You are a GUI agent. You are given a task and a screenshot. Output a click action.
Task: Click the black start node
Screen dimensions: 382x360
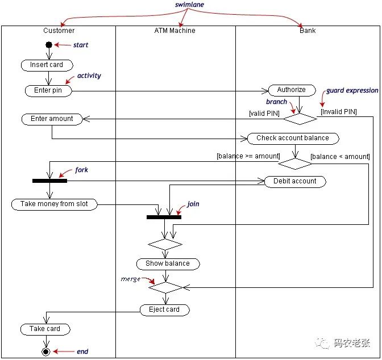pos(49,45)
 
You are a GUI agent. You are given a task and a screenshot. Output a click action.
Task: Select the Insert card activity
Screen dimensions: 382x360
pos(47,65)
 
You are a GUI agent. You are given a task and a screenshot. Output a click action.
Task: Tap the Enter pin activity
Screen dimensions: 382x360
pos(48,91)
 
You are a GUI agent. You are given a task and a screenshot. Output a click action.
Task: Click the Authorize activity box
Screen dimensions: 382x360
pos(292,90)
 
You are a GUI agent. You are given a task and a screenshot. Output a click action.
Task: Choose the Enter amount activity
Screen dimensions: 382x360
pos(52,119)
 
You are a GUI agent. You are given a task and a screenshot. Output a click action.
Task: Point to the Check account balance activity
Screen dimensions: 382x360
pos(293,139)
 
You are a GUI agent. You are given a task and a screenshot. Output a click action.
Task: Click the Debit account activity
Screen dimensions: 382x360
pos(295,182)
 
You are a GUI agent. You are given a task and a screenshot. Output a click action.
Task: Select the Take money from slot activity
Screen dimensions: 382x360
pos(55,204)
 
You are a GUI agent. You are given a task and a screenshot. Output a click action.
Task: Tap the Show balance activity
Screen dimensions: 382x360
pos(168,264)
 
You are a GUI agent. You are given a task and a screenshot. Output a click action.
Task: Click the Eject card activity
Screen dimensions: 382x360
pos(165,310)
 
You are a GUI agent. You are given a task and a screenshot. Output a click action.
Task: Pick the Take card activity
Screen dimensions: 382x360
pos(45,329)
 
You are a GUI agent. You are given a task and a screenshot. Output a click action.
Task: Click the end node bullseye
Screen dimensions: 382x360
pos(46,351)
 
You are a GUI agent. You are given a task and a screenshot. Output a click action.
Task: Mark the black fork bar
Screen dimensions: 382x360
pos(49,181)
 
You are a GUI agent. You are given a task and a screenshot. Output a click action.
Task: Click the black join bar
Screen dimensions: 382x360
pos(164,217)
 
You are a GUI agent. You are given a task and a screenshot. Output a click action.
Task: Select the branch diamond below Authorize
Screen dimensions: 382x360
pos(300,119)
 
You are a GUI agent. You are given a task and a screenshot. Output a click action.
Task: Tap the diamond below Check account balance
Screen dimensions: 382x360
pos(295,164)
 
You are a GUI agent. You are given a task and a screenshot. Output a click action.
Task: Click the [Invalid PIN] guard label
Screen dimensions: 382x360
pos(339,112)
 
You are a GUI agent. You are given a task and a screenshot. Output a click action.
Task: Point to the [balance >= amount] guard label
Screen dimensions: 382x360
pos(248,156)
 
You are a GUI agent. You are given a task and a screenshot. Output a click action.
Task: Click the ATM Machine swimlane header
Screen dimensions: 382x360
pos(175,31)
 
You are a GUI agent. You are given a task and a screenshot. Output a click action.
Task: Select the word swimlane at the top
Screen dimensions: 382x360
pos(189,5)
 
